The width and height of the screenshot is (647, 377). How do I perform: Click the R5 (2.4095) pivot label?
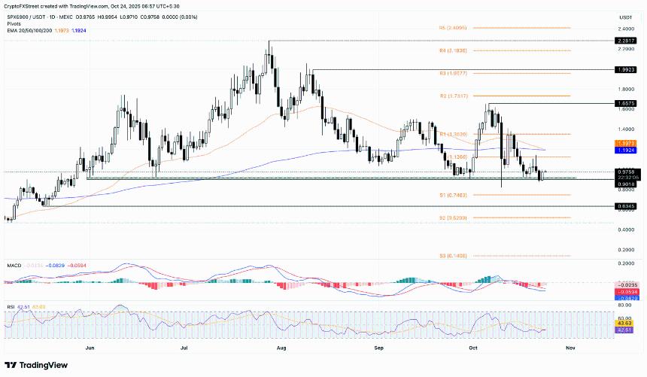point(453,27)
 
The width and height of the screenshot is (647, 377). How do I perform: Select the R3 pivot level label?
point(453,74)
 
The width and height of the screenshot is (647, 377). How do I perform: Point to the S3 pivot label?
point(453,256)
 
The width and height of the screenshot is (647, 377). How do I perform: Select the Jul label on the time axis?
point(184,348)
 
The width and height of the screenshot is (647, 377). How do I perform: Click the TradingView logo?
point(38,365)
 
